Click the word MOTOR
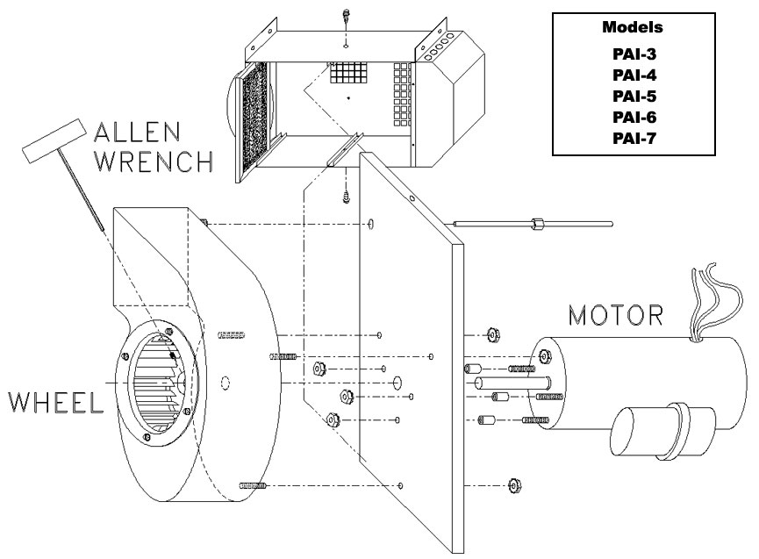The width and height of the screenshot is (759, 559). pyautogui.click(x=616, y=313)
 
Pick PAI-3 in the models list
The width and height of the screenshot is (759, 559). pyautogui.click(x=629, y=54)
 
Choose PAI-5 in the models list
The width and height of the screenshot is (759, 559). pyautogui.click(x=629, y=96)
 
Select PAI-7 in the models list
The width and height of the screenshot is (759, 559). pyautogui.click(x=629, y=138)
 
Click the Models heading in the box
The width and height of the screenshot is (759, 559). pyautogui.click(x=629, y=27)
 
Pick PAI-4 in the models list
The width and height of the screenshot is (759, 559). pyautogui.click(x=629, y=75)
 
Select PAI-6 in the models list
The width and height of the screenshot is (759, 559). pyautogui.click(x=629, y=117)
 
